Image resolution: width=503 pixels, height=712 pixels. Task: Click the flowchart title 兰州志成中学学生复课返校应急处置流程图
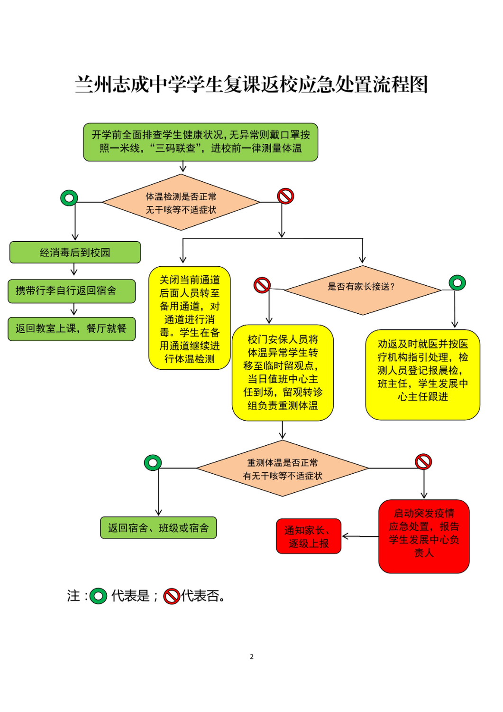[251, 84]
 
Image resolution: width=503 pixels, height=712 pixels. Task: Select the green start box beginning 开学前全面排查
[201, 142]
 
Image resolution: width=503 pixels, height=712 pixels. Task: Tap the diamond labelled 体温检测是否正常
[181, 202]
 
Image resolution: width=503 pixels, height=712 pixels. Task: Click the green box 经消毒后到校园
[75, 252]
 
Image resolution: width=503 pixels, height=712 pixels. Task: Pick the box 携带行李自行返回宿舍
[72, 291]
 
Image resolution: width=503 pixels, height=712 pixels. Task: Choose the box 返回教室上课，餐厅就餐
[72, 328]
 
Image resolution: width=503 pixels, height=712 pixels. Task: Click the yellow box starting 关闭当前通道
[190, 318]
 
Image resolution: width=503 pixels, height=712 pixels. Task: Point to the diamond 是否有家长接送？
[363, 290]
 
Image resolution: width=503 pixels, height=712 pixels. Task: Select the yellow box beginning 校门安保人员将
[283, 373]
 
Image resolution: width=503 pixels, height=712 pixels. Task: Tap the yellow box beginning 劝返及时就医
[423, 375]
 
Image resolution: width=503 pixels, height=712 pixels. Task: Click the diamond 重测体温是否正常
[283, 468]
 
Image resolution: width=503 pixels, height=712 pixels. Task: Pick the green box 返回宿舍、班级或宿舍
[158, 528]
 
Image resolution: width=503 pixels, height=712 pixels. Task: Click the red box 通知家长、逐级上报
[309, 536]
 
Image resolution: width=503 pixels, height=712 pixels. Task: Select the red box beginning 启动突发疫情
[424, 536]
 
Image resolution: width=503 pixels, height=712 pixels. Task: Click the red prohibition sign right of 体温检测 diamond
[285, 196]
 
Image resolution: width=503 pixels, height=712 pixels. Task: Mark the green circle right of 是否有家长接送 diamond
[457, 282]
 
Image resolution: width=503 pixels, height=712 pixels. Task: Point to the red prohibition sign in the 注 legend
[172, 596]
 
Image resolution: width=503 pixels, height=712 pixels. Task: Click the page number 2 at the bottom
[251, 656]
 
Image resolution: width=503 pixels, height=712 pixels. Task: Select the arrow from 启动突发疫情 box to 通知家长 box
[360, 536]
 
